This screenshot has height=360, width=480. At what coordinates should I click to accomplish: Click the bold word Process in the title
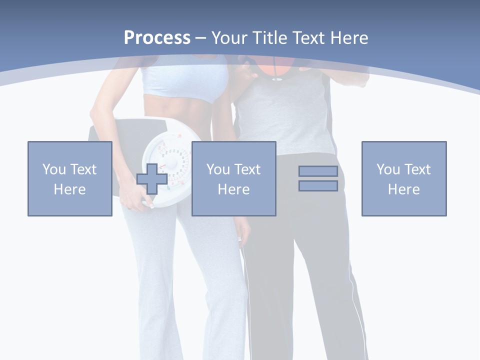[x=157, y=38]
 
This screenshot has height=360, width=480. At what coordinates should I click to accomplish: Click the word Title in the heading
[x=268, y=38]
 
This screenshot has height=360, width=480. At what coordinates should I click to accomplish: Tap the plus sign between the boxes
[x=152, y=179]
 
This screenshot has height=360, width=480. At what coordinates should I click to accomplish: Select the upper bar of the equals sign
[x=318, y=171]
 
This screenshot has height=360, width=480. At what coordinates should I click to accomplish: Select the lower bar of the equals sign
[x=318, y=186]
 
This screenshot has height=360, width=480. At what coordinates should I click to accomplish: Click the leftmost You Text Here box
[x=69, y=178]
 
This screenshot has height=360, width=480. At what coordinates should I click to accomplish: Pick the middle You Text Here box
[x=233, y=178]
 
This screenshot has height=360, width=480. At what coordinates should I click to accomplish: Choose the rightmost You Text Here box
[x=403, y=178]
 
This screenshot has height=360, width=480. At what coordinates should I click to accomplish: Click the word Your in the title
[x=229, y=38]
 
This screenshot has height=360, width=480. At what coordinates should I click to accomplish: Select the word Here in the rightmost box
[x=403, y=189]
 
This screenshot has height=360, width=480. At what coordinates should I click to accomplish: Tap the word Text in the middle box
[x=247, y=169]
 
